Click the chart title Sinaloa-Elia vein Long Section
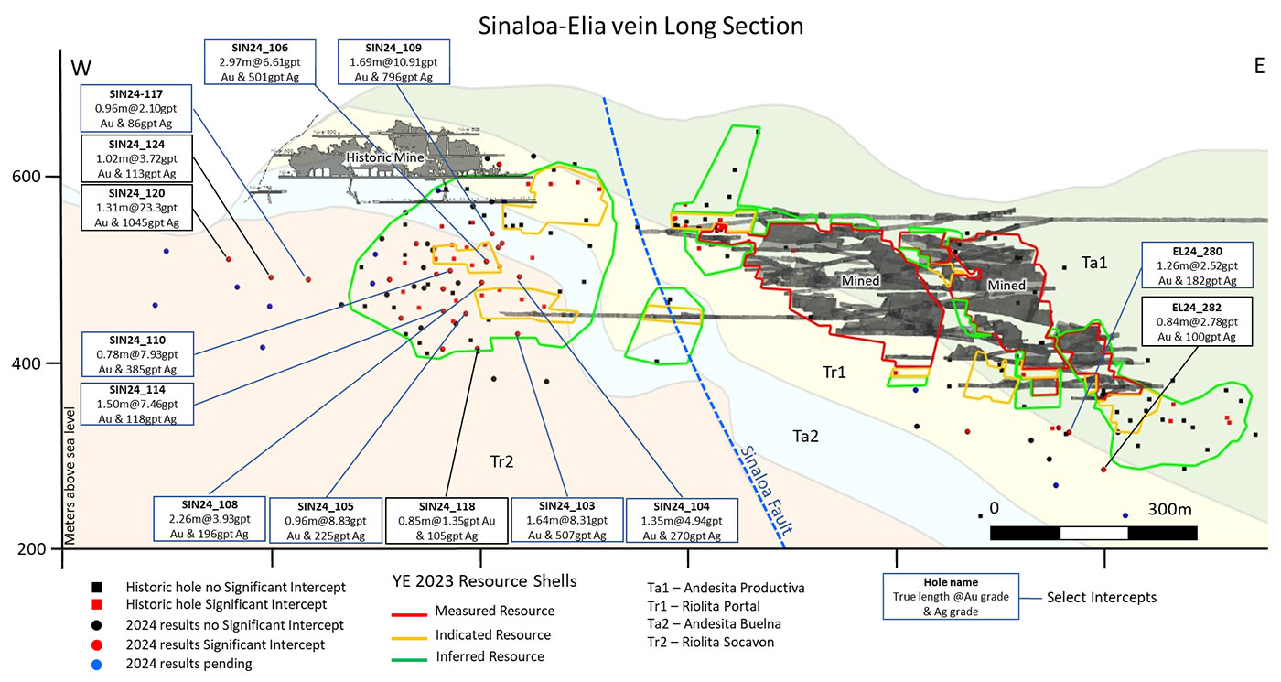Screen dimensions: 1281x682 tap(640, 27)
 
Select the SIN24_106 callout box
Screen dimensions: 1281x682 tap(260, 62)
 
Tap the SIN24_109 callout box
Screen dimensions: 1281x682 tap(393, 62)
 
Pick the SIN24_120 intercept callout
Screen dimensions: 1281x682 tap(136, 207)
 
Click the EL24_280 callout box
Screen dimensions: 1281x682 tap(1197, 265)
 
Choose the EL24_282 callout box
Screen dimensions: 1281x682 tap(1197, 321)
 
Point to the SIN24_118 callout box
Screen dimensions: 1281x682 tap(447, 521)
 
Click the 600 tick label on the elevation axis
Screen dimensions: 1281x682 tap(27, 176)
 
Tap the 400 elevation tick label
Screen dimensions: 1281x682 tap(27, 363)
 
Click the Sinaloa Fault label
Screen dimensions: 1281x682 tap(766, 490)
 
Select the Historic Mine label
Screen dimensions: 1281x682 tap(385, 157)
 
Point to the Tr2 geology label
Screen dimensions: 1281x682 tap(501, 461)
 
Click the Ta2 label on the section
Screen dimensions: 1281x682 tap(805, 437)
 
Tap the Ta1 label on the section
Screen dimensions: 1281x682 tap(1094, 263)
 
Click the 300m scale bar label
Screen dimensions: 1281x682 tap(1169, 509)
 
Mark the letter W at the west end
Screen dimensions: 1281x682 tap(81, 68)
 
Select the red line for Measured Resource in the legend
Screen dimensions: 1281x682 tap(409, 615)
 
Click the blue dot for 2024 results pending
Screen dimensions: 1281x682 tap(97, 665)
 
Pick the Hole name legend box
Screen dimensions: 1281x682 tap(951, 597)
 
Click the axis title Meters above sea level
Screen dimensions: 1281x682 tap(70, 476)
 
